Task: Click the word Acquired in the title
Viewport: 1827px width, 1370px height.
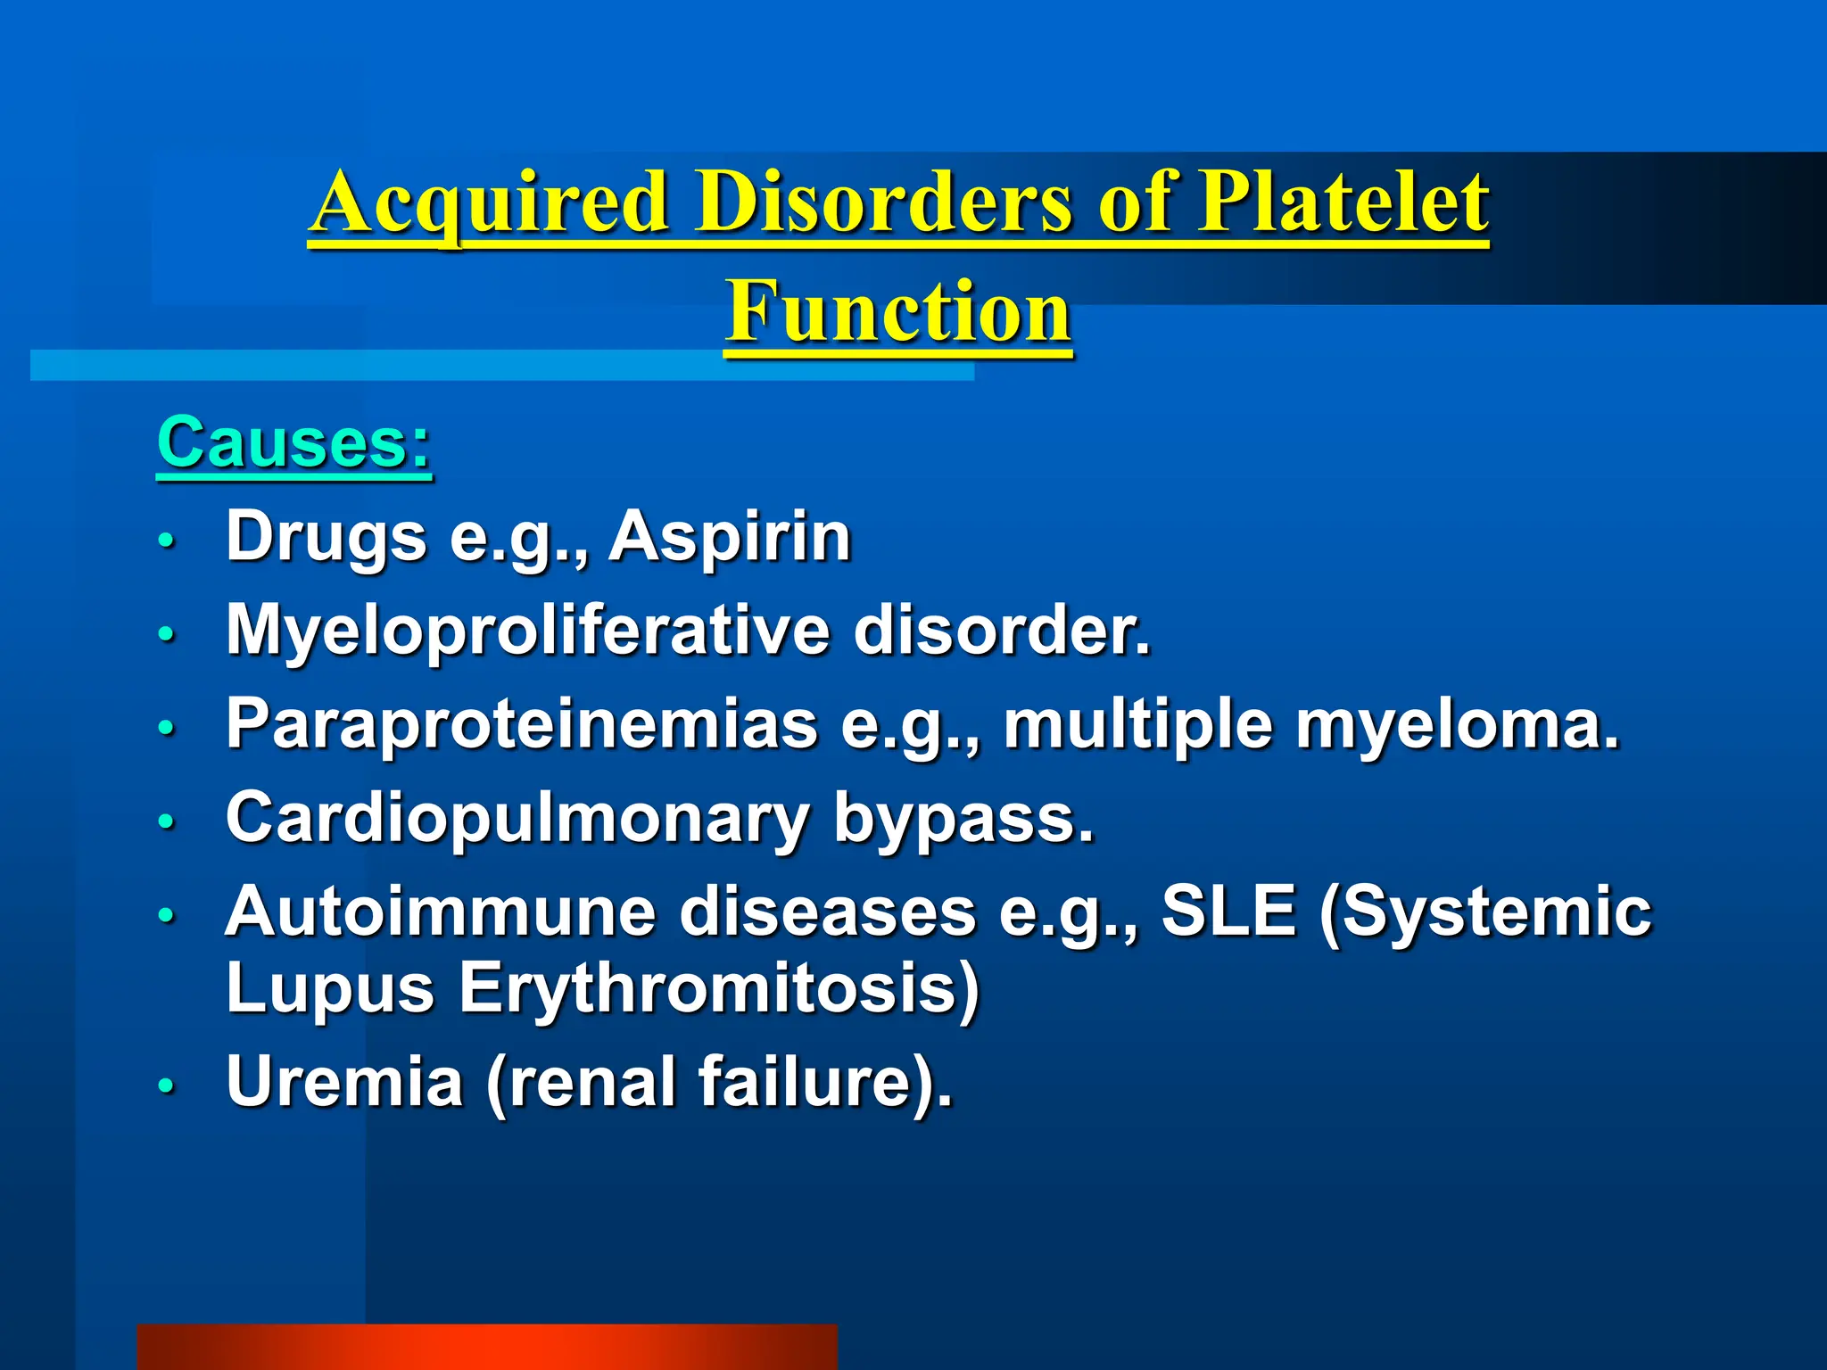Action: (489, 203)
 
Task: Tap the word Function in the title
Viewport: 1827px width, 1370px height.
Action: (897, 312)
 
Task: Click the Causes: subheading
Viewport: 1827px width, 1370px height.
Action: (294, 443)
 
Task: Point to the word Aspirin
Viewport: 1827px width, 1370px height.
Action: (730, 537)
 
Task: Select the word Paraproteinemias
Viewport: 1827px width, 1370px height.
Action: (522, 724)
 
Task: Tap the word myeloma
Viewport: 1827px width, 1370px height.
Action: (1457, 724)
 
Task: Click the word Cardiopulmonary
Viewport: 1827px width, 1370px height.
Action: (517, 818)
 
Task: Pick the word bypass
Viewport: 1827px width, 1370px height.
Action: (963, 818)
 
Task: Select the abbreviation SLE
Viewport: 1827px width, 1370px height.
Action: (1228, 912)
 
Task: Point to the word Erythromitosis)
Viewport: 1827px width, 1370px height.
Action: (719, 988)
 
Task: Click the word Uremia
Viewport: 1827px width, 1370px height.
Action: (344, 1082)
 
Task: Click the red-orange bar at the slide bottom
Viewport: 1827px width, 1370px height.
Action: (487, 1347)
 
